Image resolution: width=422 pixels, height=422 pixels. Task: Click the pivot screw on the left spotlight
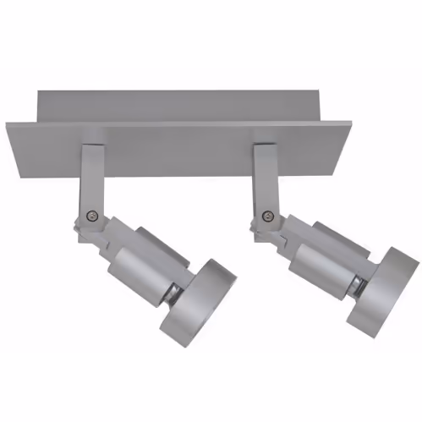[x=92, y=216]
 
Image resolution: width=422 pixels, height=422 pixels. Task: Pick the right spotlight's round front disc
[x=384, y=288]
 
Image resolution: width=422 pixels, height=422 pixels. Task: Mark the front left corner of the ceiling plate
[x=10, y=128]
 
